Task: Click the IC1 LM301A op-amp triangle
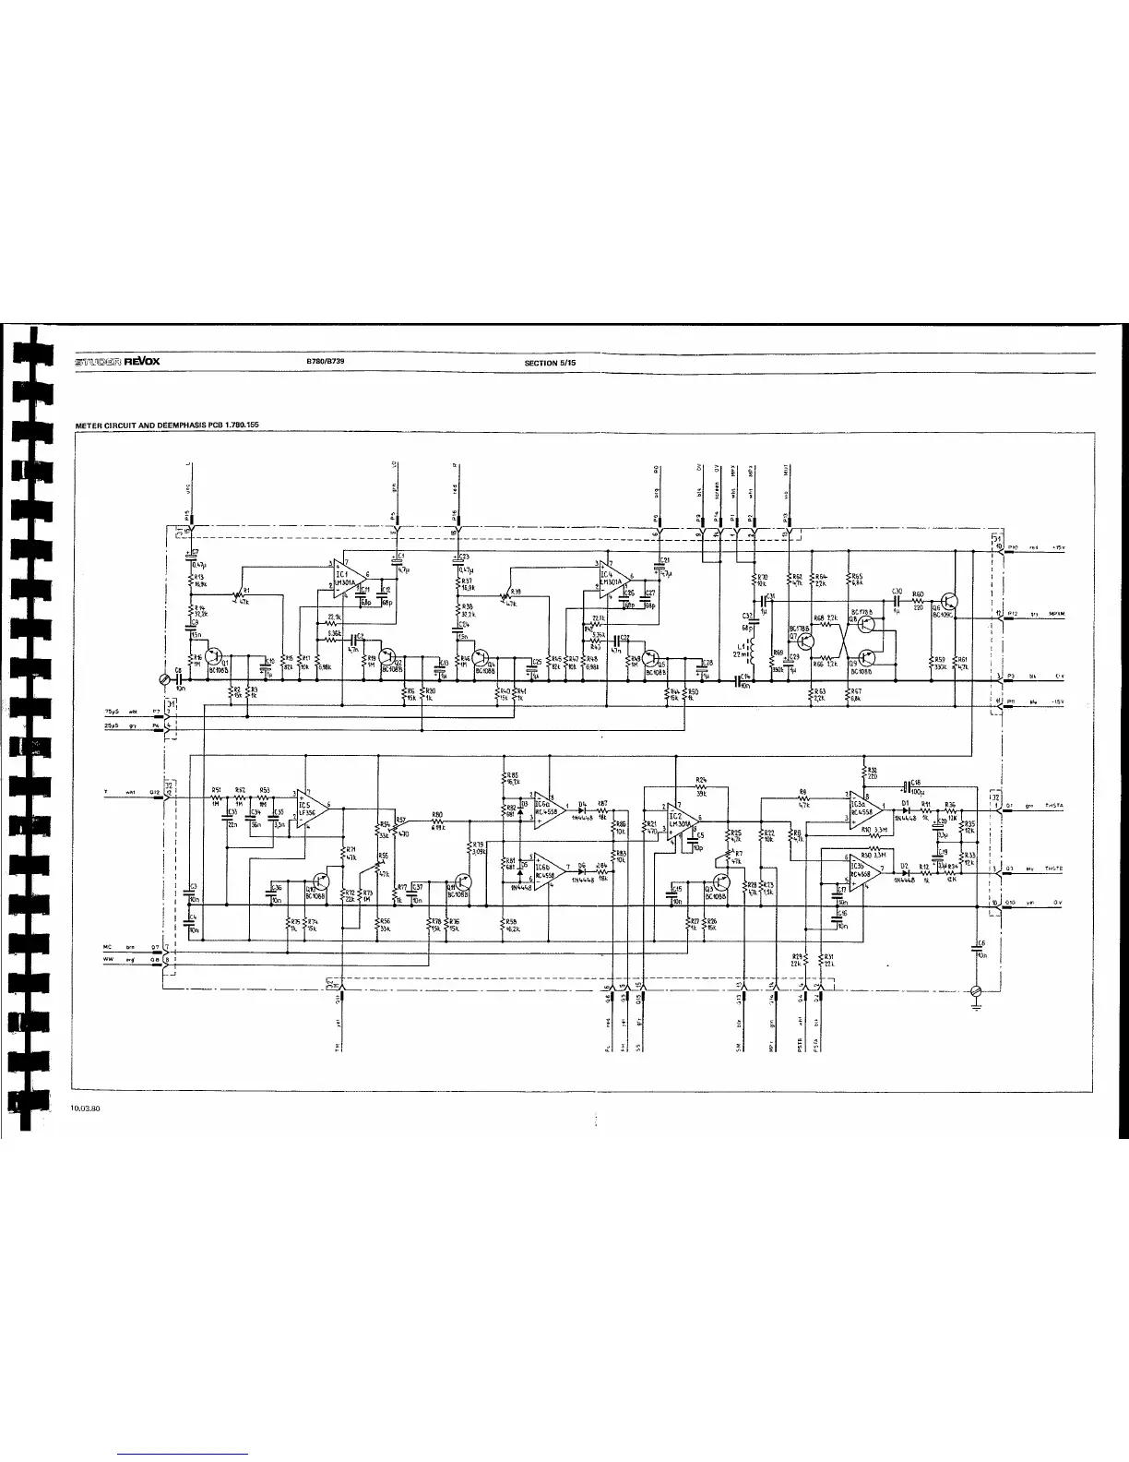[349, 580]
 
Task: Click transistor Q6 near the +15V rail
[950, 603]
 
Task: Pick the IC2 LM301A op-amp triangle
[682, 819]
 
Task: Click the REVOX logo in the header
[141, 361]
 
